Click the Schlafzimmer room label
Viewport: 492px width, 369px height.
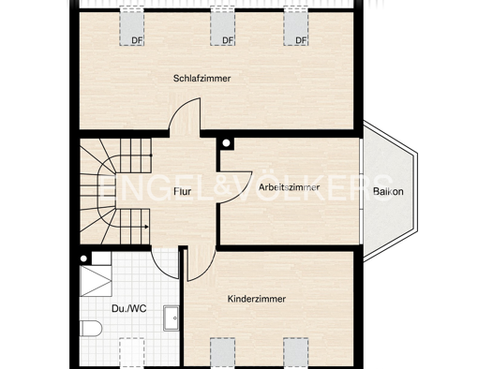[202, 79]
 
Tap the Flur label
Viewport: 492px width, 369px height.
[183, 191]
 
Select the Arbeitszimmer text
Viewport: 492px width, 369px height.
[289, 187]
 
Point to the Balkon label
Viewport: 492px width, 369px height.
[388, 192]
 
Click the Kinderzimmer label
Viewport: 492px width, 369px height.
[257, 299]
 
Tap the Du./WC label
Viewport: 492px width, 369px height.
[129, 309]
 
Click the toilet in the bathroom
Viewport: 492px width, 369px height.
[91, 328]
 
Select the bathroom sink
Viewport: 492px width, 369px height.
[171, 318]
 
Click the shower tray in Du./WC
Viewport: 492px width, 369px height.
[96, 281]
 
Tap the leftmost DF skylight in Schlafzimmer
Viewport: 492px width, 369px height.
[132, 27]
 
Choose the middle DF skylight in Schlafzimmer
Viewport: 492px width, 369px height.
[222, 27]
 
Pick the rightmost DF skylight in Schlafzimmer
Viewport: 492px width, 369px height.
[296, 27]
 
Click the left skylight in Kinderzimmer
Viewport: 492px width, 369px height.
[222, 352]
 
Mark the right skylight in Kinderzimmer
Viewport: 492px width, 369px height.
[296, 352]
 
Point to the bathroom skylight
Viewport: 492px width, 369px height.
[132, 352]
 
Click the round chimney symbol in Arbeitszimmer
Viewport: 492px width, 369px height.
[226, 143]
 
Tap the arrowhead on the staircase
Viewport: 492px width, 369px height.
[146, 227]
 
